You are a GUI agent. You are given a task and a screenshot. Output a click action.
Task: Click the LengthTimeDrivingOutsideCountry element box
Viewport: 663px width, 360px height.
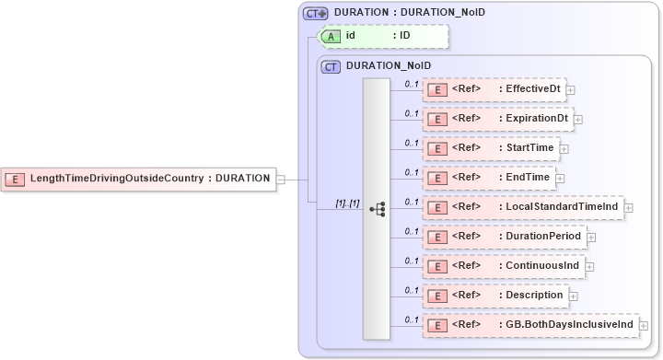139,179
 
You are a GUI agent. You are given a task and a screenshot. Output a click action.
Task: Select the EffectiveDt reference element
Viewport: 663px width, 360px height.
494,89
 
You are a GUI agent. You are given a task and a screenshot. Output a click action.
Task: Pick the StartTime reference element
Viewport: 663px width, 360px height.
491,147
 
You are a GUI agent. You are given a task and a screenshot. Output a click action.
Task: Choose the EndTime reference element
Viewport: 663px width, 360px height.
489,177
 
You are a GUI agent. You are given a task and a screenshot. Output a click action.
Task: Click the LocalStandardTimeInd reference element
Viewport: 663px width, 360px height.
522,206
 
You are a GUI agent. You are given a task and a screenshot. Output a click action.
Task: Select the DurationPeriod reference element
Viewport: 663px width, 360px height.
504,236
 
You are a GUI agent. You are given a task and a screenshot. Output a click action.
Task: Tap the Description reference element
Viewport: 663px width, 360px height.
494,295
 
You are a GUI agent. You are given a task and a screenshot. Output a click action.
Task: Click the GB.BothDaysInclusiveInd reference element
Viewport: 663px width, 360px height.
529,324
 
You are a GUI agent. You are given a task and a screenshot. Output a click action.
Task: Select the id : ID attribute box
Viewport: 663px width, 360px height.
381,36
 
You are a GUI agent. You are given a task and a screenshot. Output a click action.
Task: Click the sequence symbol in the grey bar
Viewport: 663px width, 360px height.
377,209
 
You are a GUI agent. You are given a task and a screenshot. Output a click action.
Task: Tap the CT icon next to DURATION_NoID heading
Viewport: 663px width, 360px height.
331,66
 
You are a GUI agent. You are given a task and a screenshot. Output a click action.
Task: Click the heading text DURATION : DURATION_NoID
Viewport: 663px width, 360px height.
409,12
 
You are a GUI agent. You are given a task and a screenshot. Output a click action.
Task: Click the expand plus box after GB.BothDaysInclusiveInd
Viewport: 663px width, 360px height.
644,325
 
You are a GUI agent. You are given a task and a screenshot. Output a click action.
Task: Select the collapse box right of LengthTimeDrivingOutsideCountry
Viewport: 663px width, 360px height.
281,179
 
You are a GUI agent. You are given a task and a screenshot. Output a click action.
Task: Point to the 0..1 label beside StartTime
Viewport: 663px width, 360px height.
412,142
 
